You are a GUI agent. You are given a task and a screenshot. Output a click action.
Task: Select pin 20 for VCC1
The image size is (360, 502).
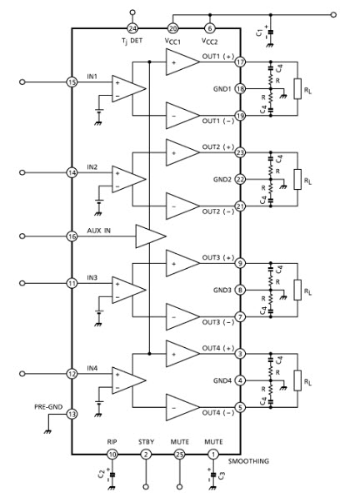coord(172,27)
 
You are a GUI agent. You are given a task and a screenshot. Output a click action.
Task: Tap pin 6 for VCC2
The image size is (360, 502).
coord(209,27)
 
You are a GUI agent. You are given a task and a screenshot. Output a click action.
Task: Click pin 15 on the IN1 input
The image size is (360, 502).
coord(72,82)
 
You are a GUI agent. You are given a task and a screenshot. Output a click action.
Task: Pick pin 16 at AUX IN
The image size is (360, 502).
coord(72,236)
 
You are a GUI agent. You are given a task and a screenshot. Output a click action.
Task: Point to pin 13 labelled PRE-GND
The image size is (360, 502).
coord(72,414)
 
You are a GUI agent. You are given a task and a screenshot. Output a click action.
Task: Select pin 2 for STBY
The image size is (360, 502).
coord(146,454)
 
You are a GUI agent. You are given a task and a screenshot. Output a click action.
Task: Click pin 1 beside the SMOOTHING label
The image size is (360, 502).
coord(213,454)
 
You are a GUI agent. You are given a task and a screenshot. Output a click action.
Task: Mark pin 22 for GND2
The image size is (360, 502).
coord(240,179)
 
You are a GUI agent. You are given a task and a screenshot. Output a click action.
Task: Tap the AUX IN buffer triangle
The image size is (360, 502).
coord(150,236)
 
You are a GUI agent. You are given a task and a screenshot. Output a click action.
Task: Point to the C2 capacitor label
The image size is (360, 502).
coord(100,476)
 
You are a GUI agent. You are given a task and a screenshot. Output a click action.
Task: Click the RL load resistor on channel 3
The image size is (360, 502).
coord(297,290)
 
